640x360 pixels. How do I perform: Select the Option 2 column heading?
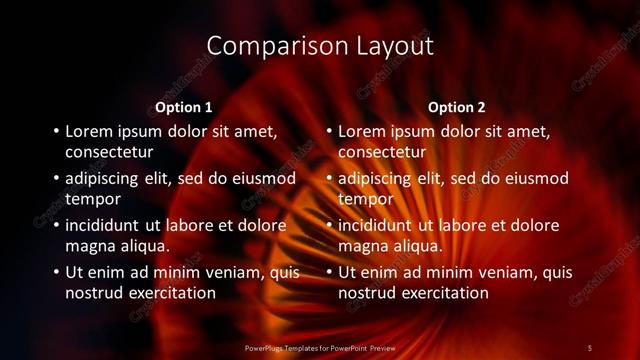click(x=458, y=107)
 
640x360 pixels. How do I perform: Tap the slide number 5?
click(x=590, y=347)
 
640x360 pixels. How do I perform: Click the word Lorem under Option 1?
click(x=90, y=131)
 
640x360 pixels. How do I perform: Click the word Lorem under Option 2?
click(x=363, y=131)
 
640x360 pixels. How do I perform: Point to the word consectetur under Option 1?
click(x=109, y=153)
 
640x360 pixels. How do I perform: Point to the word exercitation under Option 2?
click(x=438, y=294)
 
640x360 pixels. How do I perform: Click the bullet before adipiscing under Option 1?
click(x=55, y=179)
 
